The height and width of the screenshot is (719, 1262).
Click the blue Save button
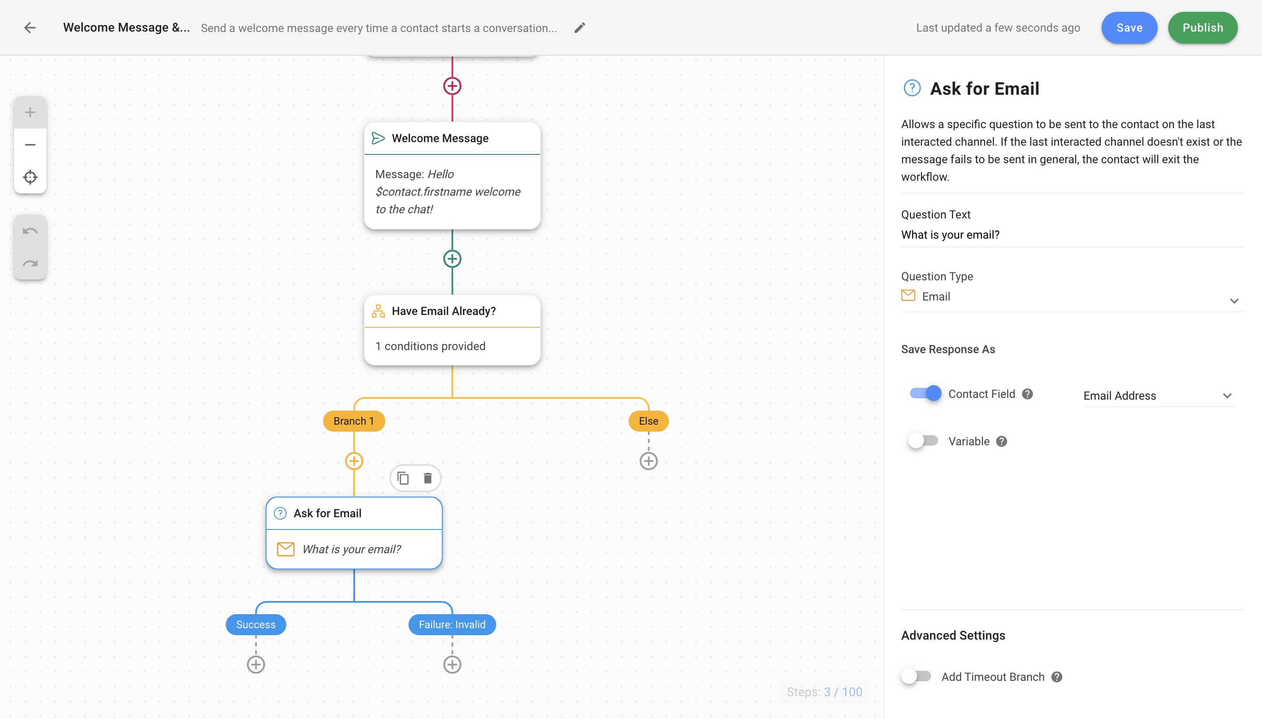pos(1129,28)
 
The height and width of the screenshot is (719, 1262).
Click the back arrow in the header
pos(30,28)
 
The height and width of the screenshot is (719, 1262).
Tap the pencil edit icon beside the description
pos(579,28)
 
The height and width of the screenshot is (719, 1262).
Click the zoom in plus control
pos(30,112)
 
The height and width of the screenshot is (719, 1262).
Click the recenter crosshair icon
pos(30,177)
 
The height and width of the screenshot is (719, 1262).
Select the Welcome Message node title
pos(440,138)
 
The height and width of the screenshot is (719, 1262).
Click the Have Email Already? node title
pos(444,311)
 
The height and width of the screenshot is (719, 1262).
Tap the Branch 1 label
pos(354,421)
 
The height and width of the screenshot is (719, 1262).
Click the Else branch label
pos(648,421)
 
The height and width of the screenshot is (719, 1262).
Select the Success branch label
pos(256,625)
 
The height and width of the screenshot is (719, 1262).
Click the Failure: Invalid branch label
pos(452,625)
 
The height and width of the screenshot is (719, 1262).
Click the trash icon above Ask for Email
pos(428,478)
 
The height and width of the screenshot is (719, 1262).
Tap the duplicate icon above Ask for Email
pos(403,478)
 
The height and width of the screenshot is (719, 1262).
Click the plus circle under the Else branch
pos(648,461)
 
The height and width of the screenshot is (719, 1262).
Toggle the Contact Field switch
pos(925,393)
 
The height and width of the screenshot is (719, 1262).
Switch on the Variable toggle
pos(923,441)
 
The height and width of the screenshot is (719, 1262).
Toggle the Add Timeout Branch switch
pos(916,676)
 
